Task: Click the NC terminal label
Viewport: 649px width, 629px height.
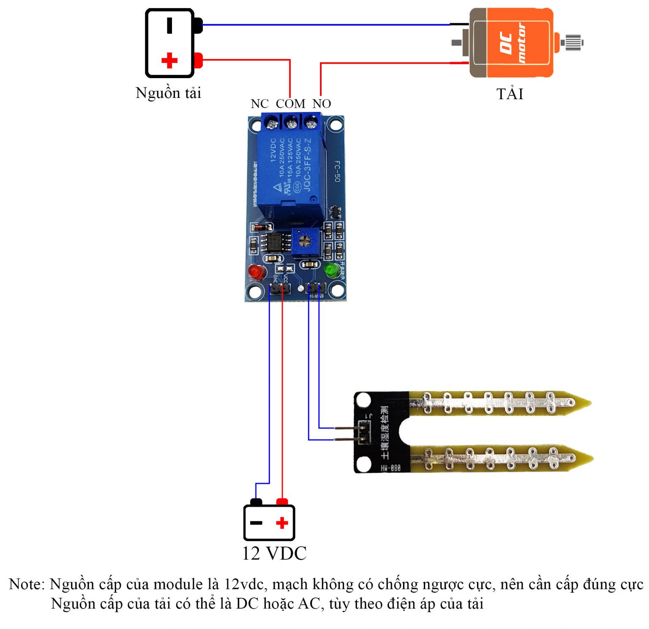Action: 259,104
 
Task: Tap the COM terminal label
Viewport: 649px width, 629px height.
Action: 290,104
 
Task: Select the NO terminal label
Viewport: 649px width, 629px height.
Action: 322,104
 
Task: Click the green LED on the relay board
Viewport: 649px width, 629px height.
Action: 330,269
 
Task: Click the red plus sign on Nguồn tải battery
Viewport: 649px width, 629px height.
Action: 169,60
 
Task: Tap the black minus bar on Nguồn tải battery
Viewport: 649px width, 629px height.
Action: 169,25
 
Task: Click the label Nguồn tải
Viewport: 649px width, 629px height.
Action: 168,93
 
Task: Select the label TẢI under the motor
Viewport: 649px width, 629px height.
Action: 510,94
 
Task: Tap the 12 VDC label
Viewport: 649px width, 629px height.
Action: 274,553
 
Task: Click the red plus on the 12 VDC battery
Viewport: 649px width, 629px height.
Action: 282,523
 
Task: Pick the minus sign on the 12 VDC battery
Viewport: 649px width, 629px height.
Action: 256,523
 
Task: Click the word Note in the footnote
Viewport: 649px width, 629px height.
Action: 26,584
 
